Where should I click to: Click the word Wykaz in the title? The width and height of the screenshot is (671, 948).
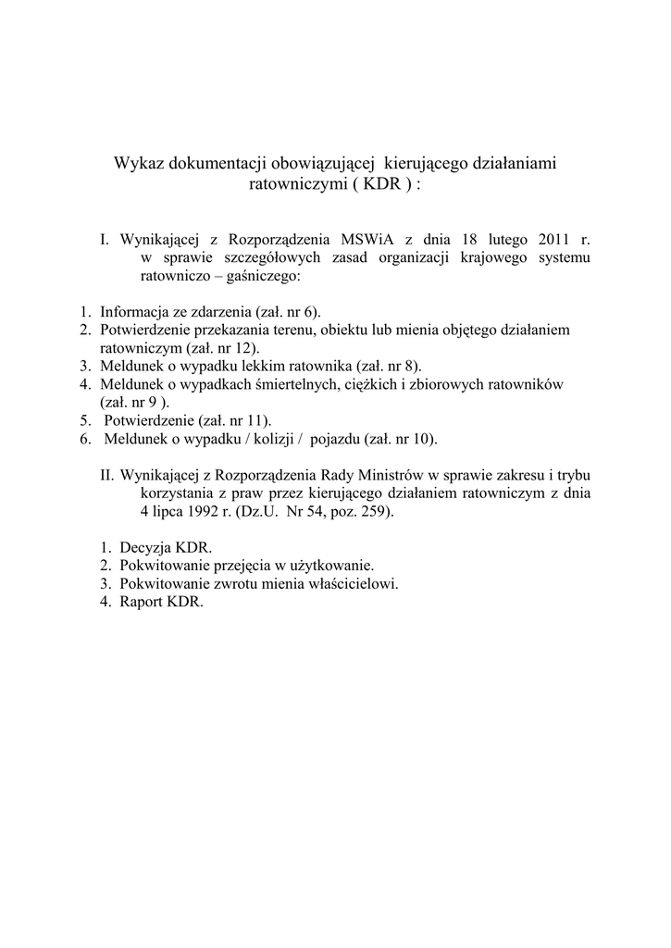tap(136, 164)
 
